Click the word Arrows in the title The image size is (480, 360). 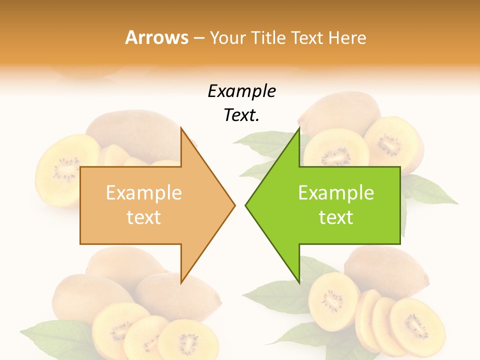pyautogui.click(x=157, y=37)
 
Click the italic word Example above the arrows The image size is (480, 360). pyautogui.click(x=241, y=91)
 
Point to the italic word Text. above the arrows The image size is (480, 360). pyautogui.click(x=241, y=115)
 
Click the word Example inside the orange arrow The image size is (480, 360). pyautogui.click(x=144, y=193)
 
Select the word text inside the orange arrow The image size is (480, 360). pyautogui.click(x=144, y=217)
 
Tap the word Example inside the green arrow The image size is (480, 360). pyautogui.click(x=336, y=193)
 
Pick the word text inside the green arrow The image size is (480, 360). pyautogui.click(x=336, y=217)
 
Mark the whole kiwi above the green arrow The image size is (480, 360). pyautogui.click(x=345, y=113)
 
